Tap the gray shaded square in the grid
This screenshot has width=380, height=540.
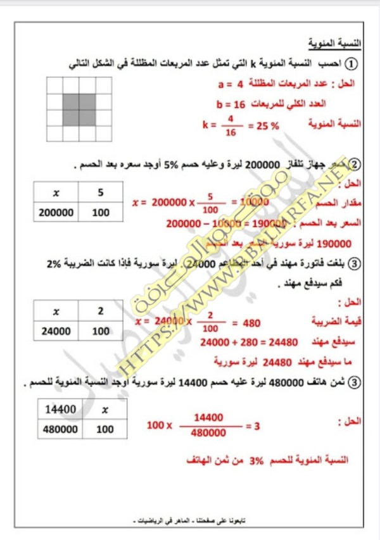pyautogui.click(x=79, y=109)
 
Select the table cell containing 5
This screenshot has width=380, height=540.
pyautogui.click(x=100, y=192)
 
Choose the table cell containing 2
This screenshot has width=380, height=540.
pyautogui.click(x=100, y=311)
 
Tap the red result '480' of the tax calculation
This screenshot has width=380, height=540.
pyautogui.click(x=251, y=323)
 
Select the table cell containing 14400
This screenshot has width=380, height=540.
pyautogui.click(x=61, y=410)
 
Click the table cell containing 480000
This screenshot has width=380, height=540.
pyautogui.click(x=61, y=429)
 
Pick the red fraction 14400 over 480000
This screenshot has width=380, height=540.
pyautogui.click(x=209, y=425)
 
